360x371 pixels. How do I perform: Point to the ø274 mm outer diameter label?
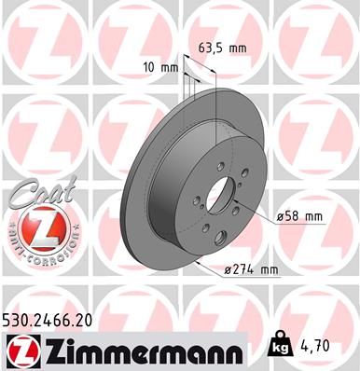coord(251,270)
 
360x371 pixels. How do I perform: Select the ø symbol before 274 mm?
coord(226,270)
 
